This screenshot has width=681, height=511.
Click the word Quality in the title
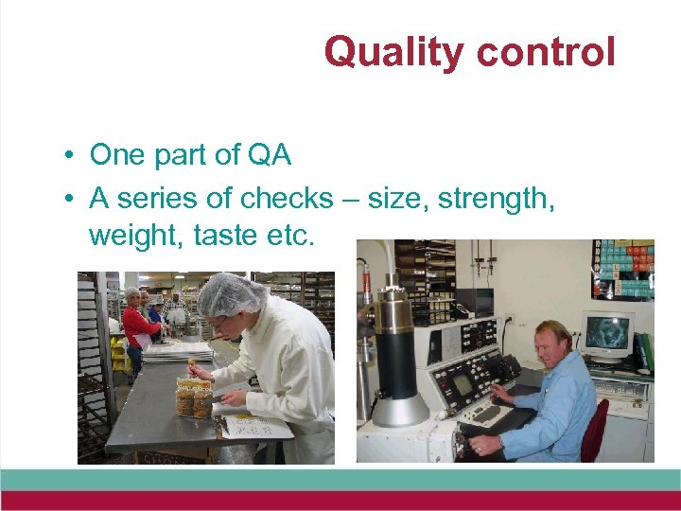(394, 52)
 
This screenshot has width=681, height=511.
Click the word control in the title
(546, 52)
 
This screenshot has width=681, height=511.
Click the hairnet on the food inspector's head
(230, 292)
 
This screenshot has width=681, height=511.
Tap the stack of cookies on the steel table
(193, 398)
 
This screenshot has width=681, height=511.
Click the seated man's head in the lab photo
(551, 344)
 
